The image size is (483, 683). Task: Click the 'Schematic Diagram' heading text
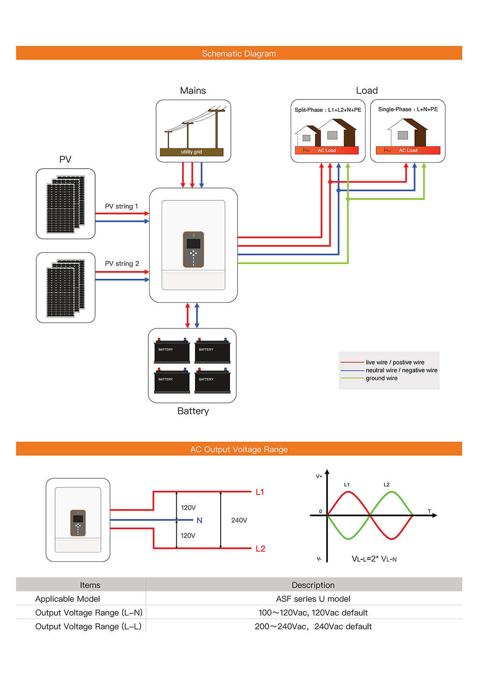pyautogui.click(x=239, y=54)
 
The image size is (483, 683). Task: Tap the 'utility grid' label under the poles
pyautogui.click(x=191, y=152)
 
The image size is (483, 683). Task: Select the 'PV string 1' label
pyautogui.click(x=121, y=206)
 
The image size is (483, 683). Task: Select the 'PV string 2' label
pyautogui.click(x=122, y=263)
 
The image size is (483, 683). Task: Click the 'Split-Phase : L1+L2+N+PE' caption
pyautogui.click(x=327, y=110)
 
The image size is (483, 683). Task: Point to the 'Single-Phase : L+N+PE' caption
pyautogui.click(x=408, y=109)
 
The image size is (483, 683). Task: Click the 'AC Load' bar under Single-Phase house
pyautogui.click(x=408, y=150)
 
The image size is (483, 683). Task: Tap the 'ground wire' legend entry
pyautogui.click(x=382, y=378)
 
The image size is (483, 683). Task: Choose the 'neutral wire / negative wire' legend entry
pyautogui.click(x=401, y=370)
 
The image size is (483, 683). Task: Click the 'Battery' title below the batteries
pyautogui.click(x=193, y=411)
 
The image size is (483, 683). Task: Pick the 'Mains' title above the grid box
pyautogui.click(x=193, y=91)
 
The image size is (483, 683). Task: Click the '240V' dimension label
pyautogui.click(x=239, y=520)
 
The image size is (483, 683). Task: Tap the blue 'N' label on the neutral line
pyautogui.click(x=199, y=520)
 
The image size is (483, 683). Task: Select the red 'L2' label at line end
pyautogui.click(x=260, y=549)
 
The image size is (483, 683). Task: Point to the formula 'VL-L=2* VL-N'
pyautogui.click(x=374, y=559)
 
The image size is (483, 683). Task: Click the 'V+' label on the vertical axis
pyautogui.click(x=319, y=476)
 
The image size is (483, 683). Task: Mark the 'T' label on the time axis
pyautogui.click(x=429, y=511)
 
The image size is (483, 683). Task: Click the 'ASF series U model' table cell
pyautogui.click(x=313, y=599)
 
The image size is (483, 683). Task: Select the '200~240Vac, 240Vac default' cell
pyautogui.click(x=313, y=626)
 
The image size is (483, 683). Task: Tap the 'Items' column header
pyautogui.click(x=90, y=585)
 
